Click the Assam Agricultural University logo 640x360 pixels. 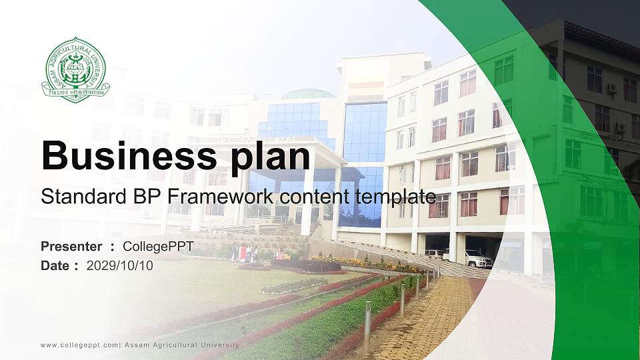75,70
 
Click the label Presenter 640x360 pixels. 71,247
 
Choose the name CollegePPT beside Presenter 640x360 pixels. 158,247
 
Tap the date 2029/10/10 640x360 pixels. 120,265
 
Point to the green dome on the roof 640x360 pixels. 308,94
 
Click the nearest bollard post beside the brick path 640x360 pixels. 367,327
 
